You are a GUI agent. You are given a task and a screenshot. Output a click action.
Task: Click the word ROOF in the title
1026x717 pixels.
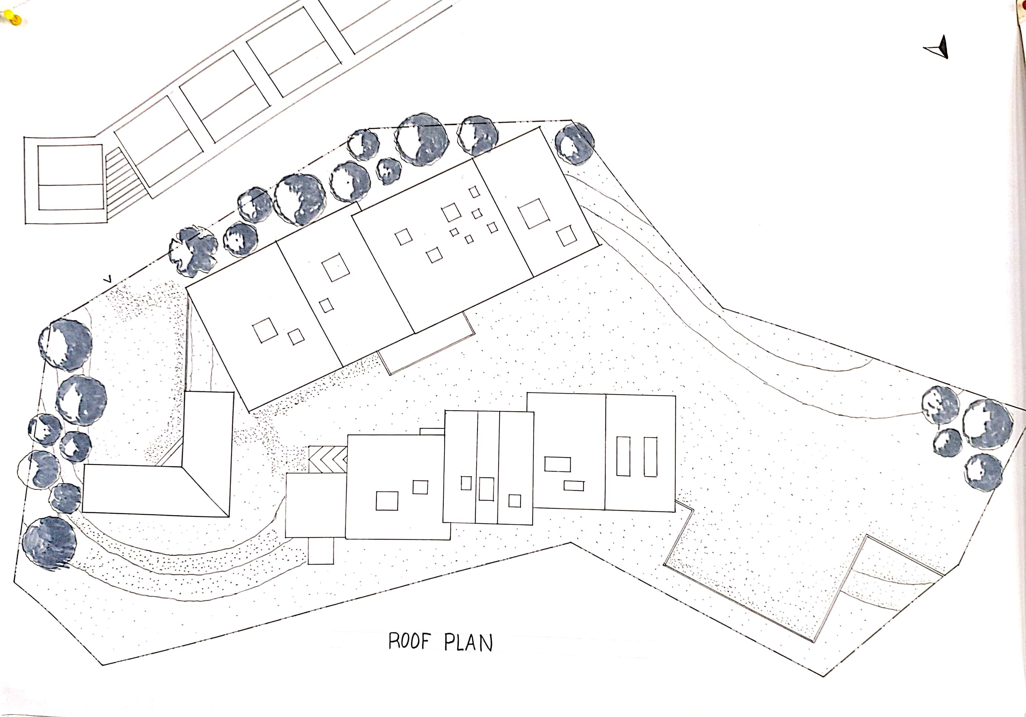(408, 641)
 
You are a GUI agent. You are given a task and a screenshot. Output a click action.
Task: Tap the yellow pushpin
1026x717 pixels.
(15, 19)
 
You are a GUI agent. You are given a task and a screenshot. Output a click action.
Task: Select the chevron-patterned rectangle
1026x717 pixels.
(328, 459)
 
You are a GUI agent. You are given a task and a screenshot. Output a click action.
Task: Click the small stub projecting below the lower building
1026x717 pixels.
(321, 550)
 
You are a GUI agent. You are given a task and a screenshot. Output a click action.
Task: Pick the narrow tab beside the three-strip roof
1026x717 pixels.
(432, 431)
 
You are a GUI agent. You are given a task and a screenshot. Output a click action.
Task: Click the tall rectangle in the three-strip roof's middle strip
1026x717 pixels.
(486, 489)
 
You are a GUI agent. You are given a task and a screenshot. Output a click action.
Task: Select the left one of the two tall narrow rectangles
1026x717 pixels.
(623, 456)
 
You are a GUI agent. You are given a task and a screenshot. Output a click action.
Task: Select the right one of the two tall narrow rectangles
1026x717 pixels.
(650, 456)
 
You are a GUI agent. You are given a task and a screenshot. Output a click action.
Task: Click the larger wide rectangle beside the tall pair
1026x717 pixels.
(557, 464)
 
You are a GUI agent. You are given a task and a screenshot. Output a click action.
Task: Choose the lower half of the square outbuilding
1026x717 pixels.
(71, 197)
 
